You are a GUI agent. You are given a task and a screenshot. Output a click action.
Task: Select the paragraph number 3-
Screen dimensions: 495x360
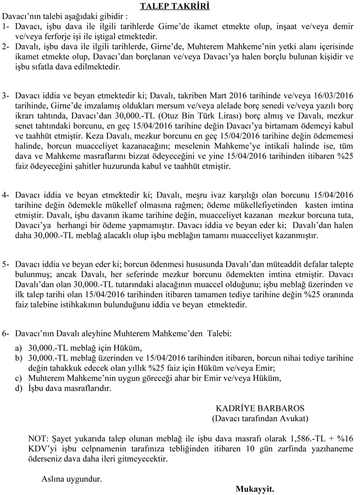(x=7, y=96)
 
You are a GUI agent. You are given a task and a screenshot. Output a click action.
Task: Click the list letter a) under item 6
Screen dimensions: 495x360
(x=19, y=348)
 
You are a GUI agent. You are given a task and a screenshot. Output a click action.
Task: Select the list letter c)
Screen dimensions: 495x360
(x=19, y=379)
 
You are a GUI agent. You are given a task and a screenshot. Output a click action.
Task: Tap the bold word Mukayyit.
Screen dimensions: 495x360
(x=255, y=489)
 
